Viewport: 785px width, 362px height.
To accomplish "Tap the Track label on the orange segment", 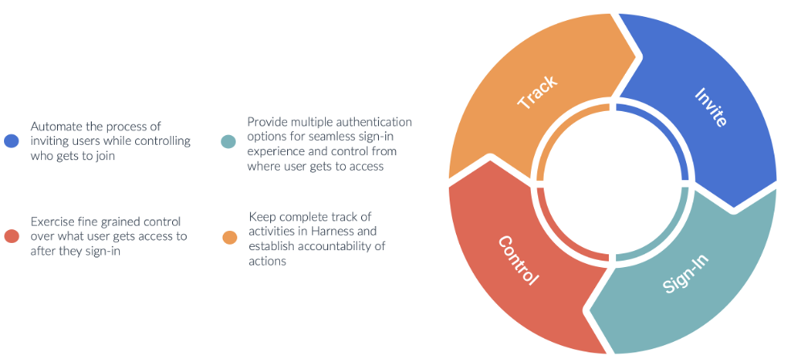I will pos(537,92).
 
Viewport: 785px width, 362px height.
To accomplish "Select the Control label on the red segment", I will pos(518,261).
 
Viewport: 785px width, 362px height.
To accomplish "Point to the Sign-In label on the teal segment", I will pos(685,274).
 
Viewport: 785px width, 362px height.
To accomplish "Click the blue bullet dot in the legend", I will pos(10,141).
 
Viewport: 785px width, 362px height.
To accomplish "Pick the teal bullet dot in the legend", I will pos(228,142).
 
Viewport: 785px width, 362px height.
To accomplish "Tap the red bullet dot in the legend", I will pos(10,236).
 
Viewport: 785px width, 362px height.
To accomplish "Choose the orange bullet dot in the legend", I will pos(230,237).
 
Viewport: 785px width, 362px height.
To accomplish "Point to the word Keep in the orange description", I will pos(261,217).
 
